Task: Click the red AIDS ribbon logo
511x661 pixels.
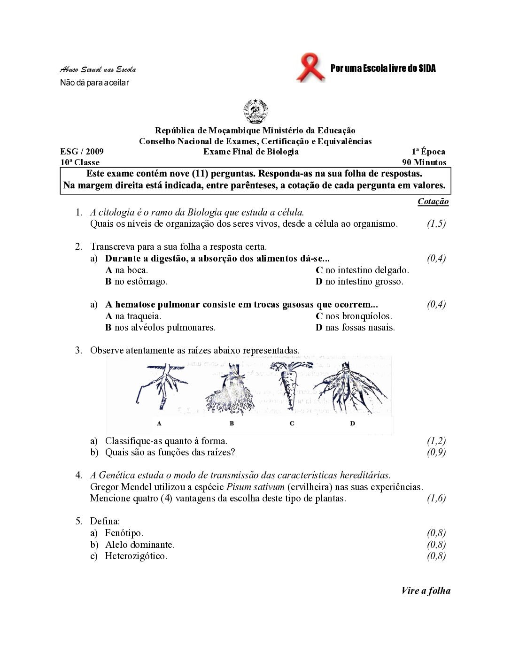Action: coord(310,69)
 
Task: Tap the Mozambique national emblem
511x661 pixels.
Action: coord(255,112)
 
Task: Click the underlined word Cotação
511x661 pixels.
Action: coord(433,201)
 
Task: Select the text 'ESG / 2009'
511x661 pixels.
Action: coord(82,151)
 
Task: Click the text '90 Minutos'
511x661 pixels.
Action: coord(424,162)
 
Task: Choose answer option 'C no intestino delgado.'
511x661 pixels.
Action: coord(362,270)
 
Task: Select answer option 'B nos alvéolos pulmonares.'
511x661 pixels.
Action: coord(160,327)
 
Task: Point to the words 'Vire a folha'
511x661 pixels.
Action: coord(426,591)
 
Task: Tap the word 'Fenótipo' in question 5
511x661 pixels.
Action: coord(124,533)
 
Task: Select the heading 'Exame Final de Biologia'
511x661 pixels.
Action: coord(251,151)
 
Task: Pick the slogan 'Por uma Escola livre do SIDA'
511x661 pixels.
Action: coord(383,69)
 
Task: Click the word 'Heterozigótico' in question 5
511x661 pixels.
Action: coord(136,556)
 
